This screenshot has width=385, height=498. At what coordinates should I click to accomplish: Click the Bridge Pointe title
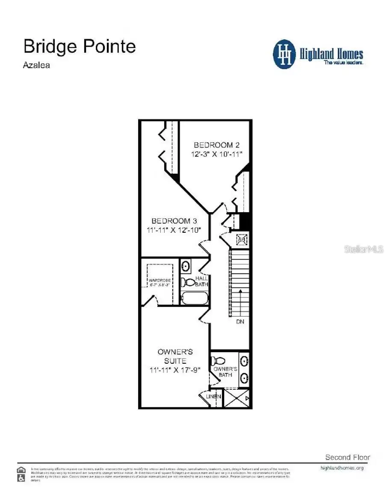click(80, 46)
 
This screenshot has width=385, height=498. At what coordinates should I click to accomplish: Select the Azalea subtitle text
click(36, 65)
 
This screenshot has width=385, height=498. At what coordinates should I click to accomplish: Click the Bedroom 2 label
click(213, 145)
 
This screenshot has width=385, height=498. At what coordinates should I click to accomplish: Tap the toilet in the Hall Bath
click(187, 282)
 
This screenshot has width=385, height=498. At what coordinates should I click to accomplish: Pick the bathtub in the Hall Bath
click(194, 298)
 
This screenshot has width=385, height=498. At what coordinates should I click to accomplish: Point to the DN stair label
click(240, 321)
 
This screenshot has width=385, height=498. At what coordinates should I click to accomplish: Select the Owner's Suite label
click(175, 356)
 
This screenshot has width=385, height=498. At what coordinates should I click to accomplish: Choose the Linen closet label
click(213, 397)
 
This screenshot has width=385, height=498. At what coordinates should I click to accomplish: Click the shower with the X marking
click(237, 397)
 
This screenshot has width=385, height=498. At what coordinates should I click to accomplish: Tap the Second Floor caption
click(347, 457)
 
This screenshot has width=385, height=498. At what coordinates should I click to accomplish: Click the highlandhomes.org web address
click(342, 468)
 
